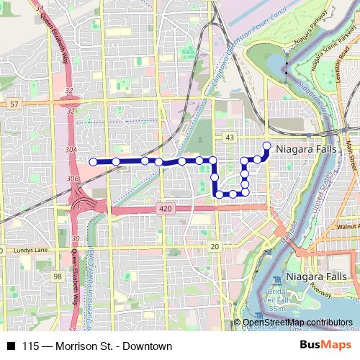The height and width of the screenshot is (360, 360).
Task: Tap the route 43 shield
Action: click(230, 137)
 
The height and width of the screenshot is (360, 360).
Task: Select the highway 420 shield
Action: click(163, 207)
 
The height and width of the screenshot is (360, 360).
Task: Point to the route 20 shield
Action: click(214, 247)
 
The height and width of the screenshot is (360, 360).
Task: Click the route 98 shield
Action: click(58, 276)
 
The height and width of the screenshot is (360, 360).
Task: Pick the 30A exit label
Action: click(71, 150)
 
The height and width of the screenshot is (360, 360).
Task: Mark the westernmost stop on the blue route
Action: click(94, 161)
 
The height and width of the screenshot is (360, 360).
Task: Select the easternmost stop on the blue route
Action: click(266, 146)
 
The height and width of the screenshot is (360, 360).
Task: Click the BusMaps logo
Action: click(329, 346)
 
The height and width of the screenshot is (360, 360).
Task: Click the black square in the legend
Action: click(11, 346)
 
